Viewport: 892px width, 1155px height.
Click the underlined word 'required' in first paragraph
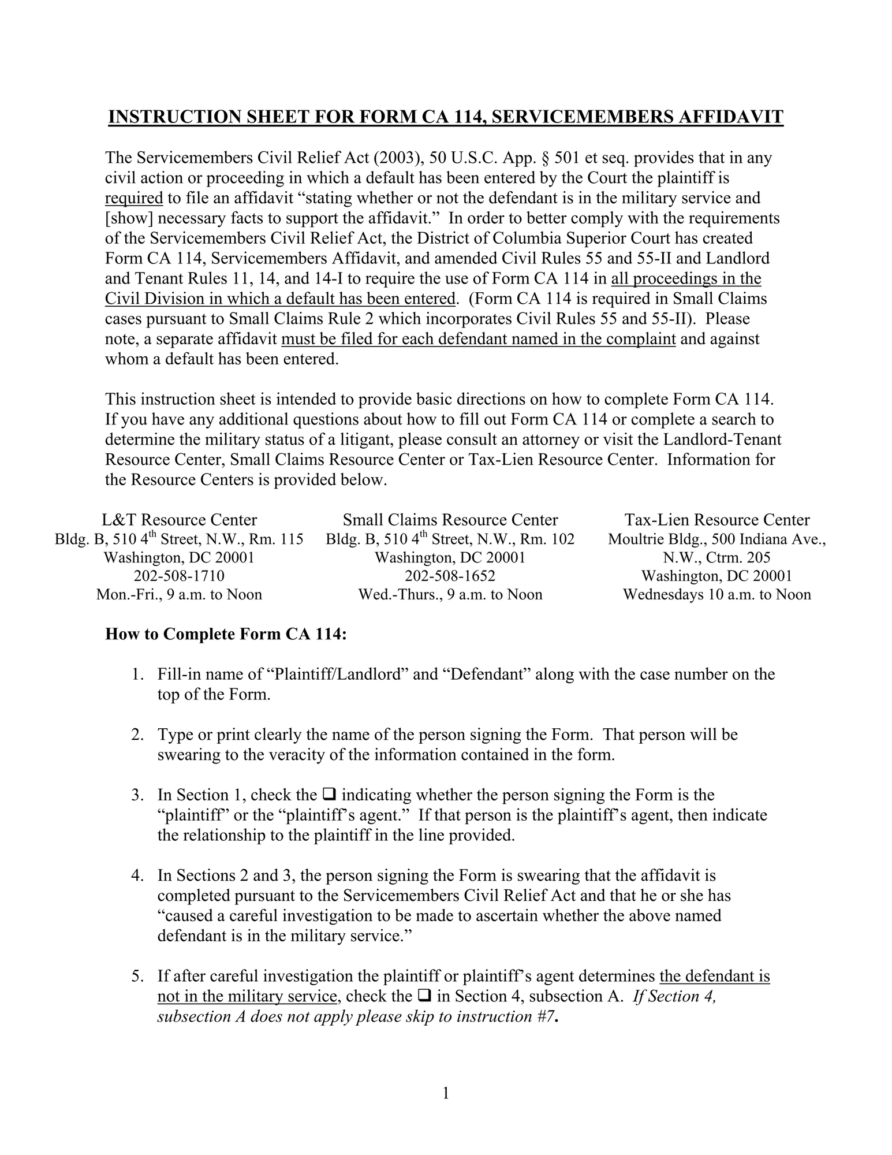click(134, 199)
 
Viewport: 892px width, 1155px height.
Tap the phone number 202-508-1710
click(179, 576)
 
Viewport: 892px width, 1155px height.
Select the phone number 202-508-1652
click(450, 576)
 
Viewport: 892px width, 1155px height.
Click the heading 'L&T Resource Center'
click(179, 520)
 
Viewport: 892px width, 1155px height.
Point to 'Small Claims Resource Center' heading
click(450, 520)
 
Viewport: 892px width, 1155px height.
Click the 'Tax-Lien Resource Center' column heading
click(717, 520)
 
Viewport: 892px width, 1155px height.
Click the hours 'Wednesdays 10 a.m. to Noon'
click(717, 595)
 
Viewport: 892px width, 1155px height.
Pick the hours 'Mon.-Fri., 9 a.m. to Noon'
click(179, 595)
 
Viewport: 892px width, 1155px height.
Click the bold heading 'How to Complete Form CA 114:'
click(226, 634)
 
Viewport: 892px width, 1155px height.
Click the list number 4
click(137, 875)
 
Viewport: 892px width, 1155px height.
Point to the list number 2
click(137, 735)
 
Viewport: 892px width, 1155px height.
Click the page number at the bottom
click(446, 1093)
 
